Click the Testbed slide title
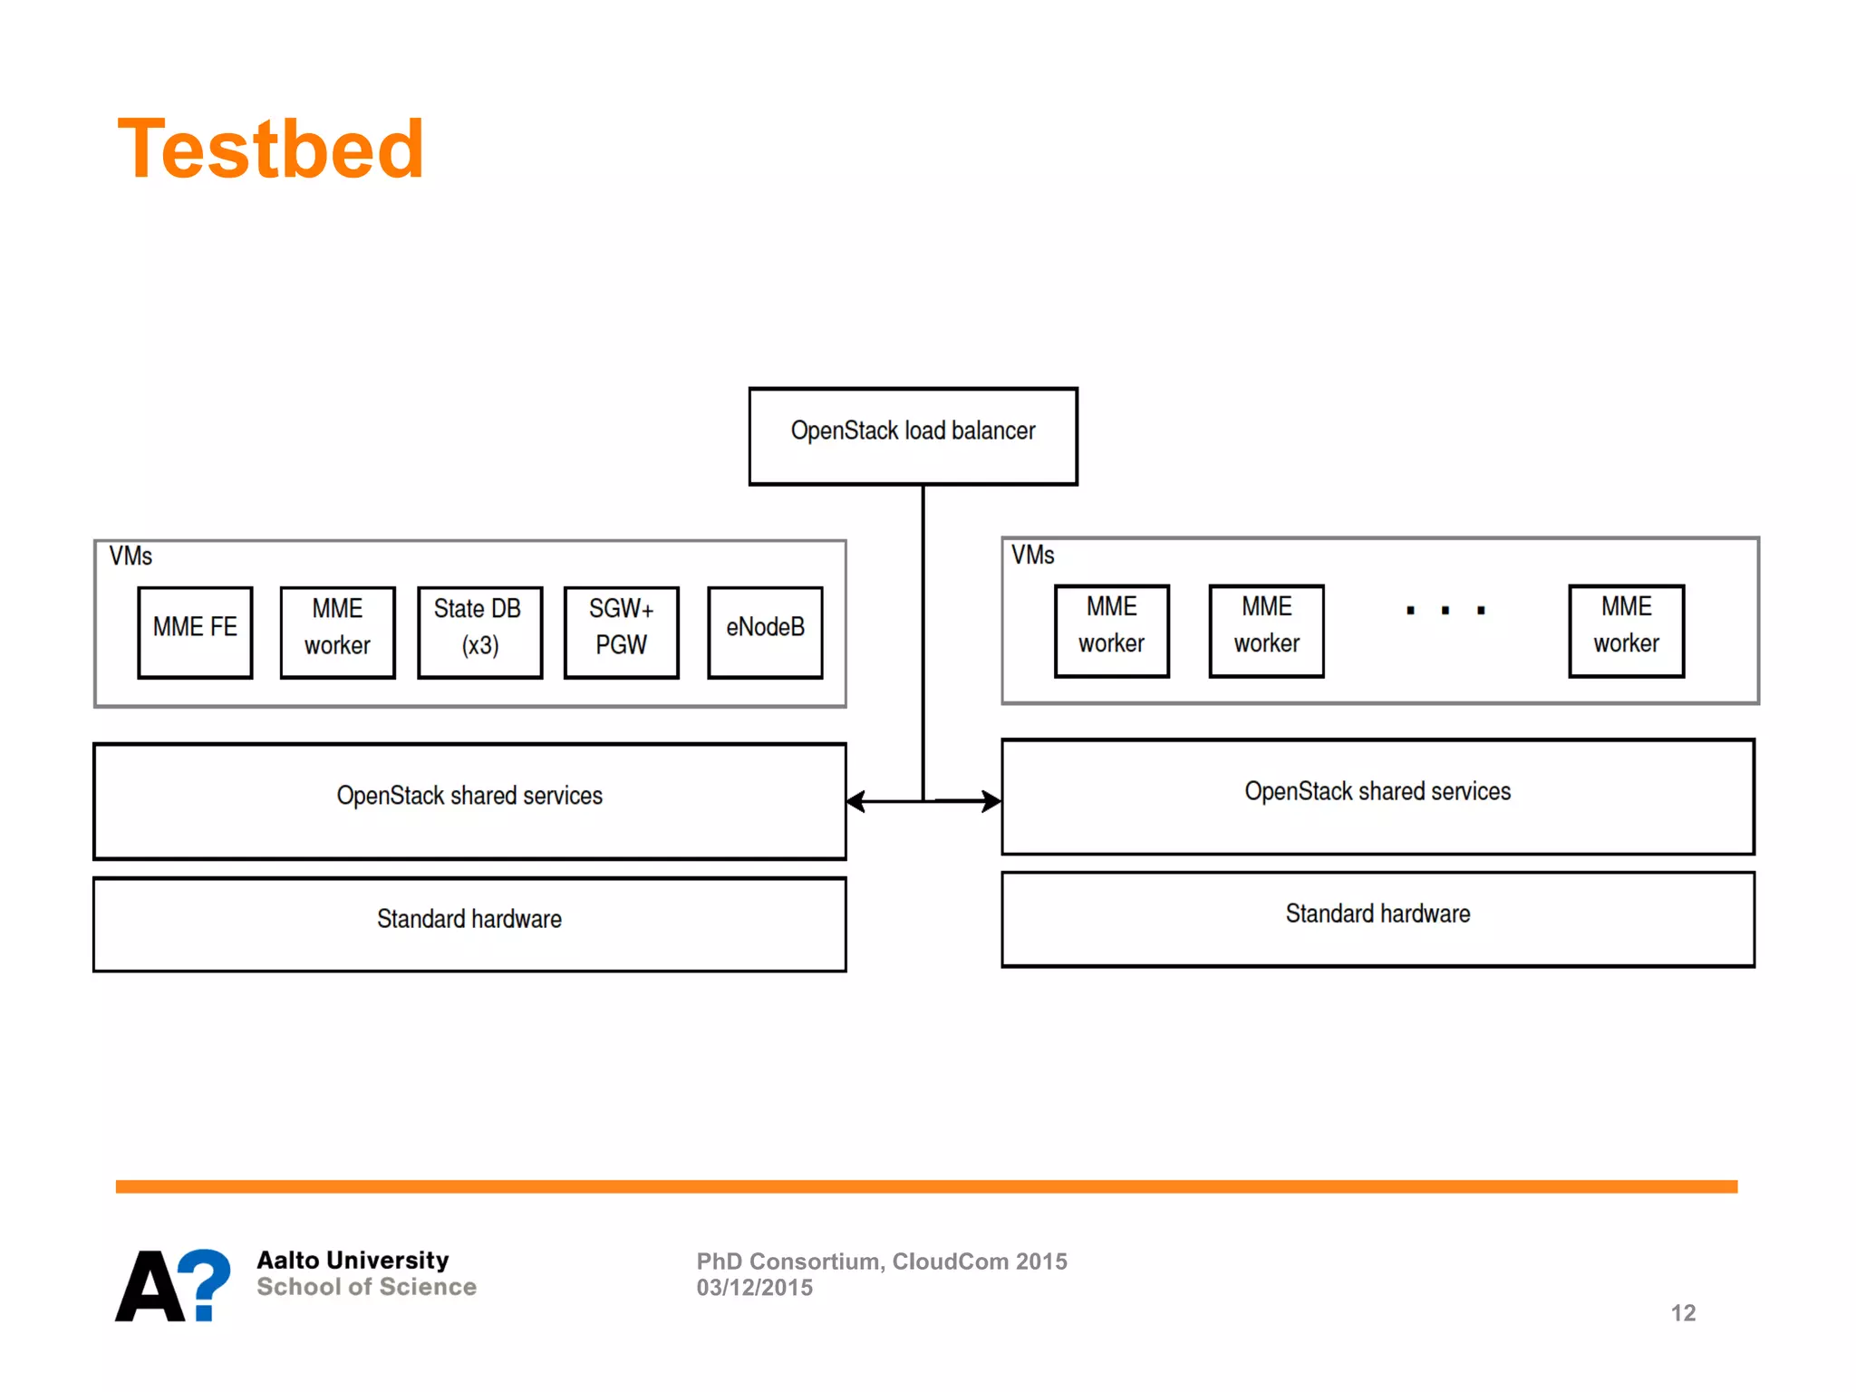(x=270, y=150)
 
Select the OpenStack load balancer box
(x=913, y=436)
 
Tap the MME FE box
(x=195, y=632)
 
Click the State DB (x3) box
(x=479, y=632)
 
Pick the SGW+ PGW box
(x=621, y=632)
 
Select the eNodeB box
(x=765, y=632)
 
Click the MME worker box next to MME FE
(x=337, y=632)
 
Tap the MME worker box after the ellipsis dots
(x=1626, y=630)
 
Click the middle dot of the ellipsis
(x=1445, y=611)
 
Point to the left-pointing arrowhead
(x=855, y=801)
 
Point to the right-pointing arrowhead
(x=992, y=801)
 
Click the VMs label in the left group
(x=130, y=556)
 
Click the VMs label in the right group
(x=1032, y=555)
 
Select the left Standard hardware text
(x=469, y=919)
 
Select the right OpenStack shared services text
(x=1377, y=791)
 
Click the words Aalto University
(x=353, y=1260)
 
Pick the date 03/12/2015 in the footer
(x=754, y=1288)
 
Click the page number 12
(x=1683, y=1313)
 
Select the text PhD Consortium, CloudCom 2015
(x=881, y=1261)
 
